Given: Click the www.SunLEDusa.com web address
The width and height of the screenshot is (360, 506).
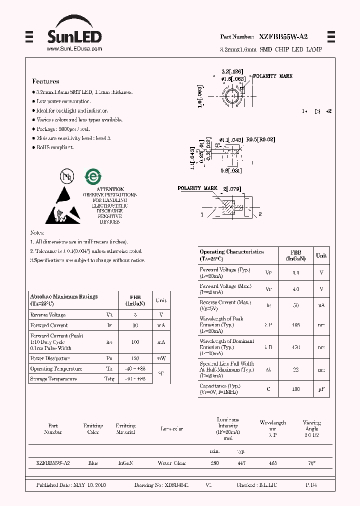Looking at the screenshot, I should tap(74, 48).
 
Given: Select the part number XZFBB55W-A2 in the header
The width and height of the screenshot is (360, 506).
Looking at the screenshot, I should tap(283, 37).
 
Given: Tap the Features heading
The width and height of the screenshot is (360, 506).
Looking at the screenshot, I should tap(45, 81).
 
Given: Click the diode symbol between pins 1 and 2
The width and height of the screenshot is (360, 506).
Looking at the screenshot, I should tap(317, 111).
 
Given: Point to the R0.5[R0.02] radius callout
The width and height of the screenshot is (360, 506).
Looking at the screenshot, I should tap(260, 140).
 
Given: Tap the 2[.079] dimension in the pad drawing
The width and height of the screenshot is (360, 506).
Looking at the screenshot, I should tap(232, 188).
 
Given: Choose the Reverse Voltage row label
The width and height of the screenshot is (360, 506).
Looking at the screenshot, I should tap(48, 315).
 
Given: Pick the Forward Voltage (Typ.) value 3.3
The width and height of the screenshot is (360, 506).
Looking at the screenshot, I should tap(295, 272).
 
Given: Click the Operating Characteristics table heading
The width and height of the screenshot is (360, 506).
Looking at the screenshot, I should tap(231, 252).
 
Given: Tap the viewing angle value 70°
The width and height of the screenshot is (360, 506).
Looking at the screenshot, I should tap(311, 463).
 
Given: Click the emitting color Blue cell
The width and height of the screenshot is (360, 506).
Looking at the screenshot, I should tap(93, 463).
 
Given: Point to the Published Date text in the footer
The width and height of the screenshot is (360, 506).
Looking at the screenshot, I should tap(71, 485).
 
